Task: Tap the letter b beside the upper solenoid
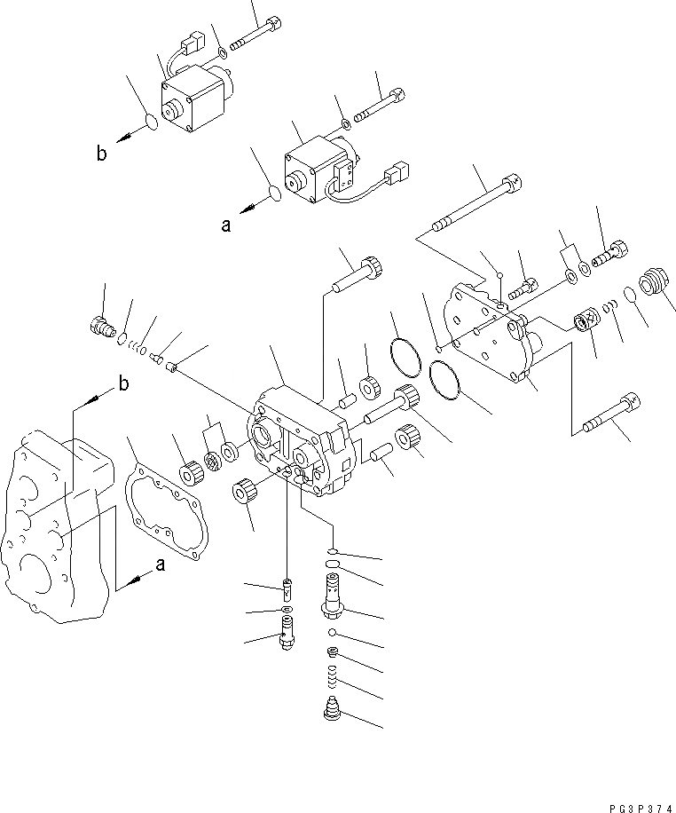tap(103, 154)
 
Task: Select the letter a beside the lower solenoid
tap(226, 225)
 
